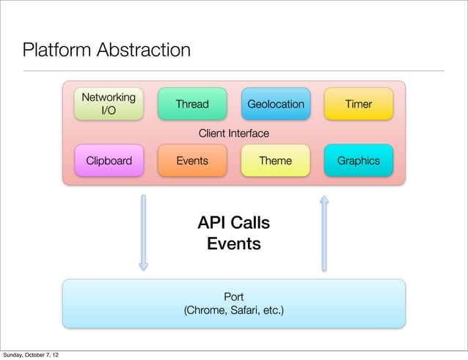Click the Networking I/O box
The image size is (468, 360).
[x=108, y=104]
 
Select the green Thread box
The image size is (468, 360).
[x=192, y=104]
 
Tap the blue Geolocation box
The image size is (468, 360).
[x=275, y=104]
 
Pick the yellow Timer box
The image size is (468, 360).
[x=358, y=104]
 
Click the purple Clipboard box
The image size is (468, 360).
[x=109, y=161]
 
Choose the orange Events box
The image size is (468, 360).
[x=192, y=161]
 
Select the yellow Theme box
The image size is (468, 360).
[x=275, y=161]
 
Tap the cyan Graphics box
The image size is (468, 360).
[x=358, y=161]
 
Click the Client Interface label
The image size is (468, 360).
[x=234, y=133]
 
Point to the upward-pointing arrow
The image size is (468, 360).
[x=323, y=231]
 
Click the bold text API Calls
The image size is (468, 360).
[x=234, y=223]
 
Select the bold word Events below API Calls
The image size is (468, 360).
[x=234, y=243]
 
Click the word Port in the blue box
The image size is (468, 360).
[x=234, y=297]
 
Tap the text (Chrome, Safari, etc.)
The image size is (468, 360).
[x=234, y=312]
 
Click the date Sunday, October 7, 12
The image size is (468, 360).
[x=31, y=355]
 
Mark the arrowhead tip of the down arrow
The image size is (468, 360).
[x=144, y=269]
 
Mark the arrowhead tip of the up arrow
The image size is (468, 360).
[x=323, y=194]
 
